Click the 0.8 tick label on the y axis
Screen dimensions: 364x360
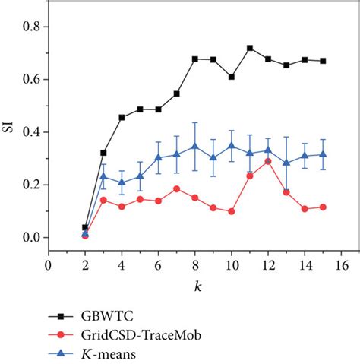31,27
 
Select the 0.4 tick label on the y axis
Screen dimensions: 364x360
31,132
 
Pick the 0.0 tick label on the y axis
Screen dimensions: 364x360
31,238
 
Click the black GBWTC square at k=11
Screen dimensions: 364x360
250,48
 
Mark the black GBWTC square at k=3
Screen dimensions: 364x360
103,153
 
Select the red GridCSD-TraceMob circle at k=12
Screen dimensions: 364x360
268,161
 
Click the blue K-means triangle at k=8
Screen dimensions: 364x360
194,145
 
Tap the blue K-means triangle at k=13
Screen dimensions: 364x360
286,163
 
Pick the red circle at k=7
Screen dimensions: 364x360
176,188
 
